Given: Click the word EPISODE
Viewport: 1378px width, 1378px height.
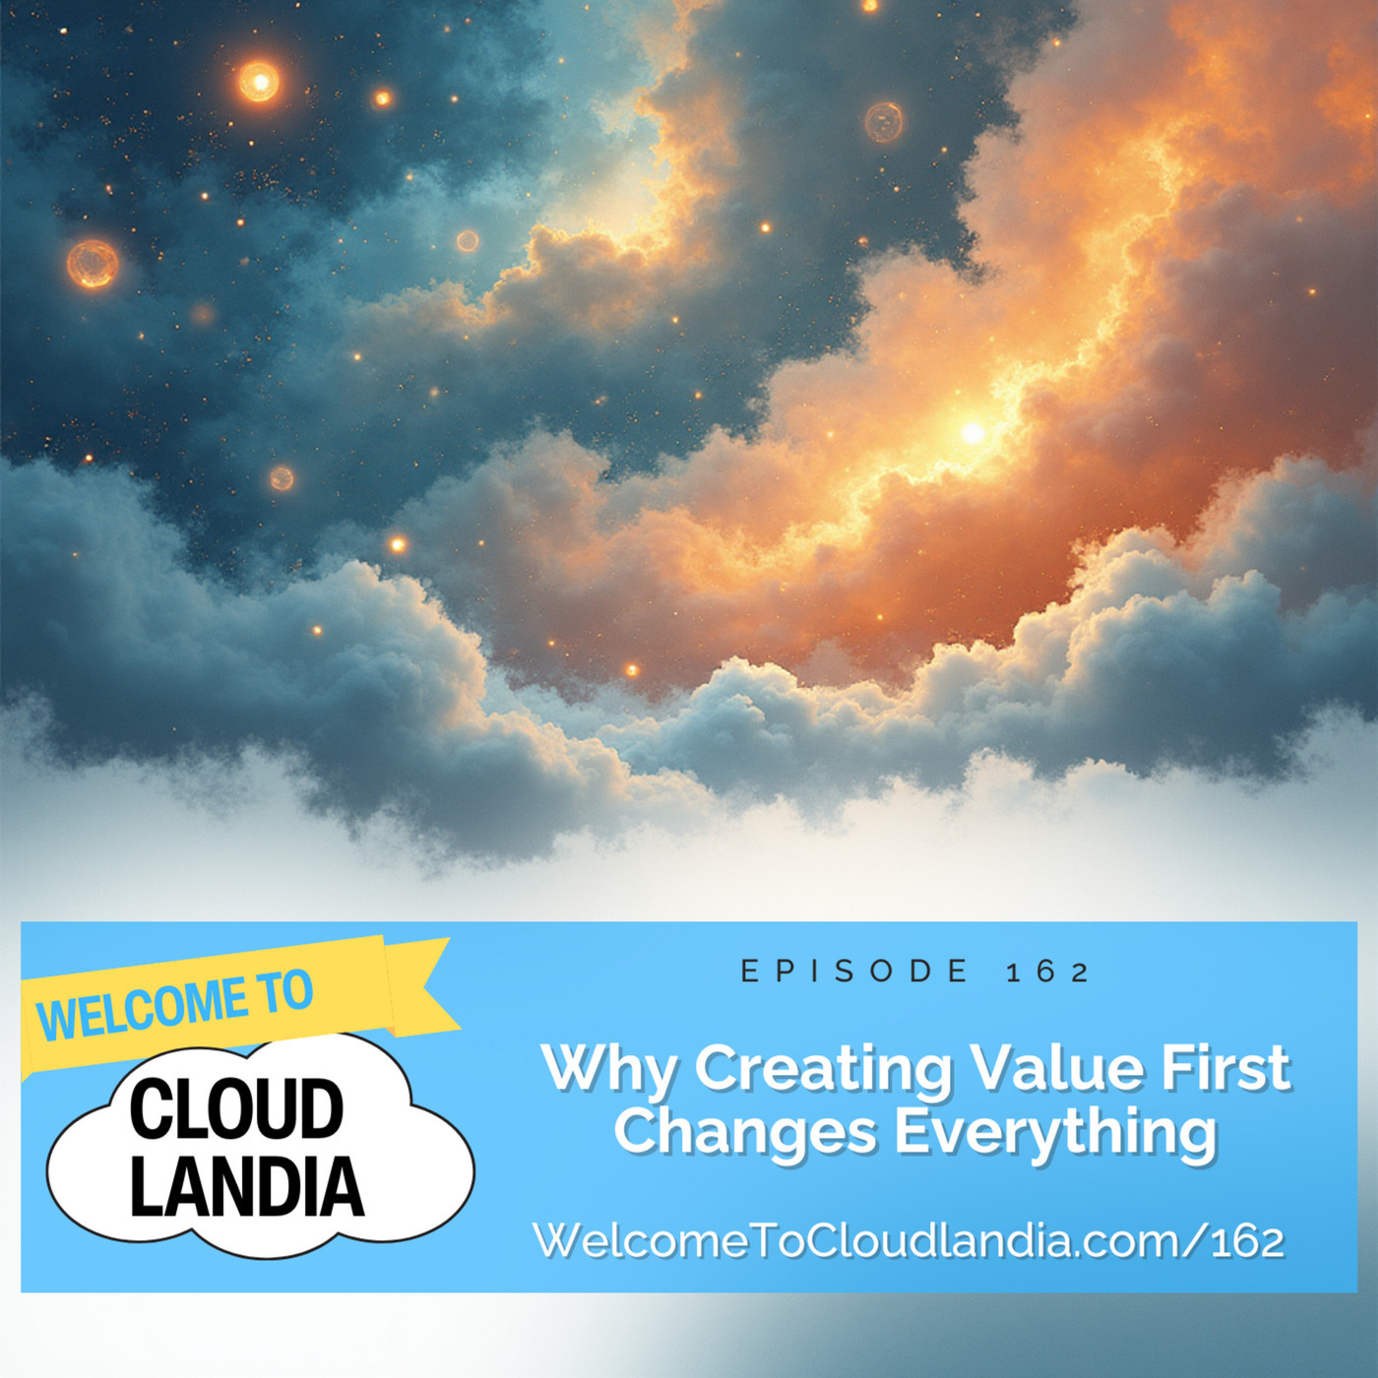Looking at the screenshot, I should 854,971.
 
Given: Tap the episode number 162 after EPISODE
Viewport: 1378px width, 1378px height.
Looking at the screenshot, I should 1047,972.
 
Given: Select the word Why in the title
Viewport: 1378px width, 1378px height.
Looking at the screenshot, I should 608,1069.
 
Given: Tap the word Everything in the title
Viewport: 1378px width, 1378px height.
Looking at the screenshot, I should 1055,1134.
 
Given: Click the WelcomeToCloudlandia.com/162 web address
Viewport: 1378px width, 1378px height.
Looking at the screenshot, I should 908,1240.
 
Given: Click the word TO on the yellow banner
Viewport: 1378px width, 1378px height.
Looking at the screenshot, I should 286,991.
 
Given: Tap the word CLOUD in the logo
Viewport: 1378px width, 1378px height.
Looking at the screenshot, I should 236,1109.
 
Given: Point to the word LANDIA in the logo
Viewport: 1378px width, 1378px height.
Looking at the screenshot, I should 246,1186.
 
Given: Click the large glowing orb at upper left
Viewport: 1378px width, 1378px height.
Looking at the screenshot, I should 259,82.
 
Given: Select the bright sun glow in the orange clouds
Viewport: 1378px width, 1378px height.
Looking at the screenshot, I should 972,431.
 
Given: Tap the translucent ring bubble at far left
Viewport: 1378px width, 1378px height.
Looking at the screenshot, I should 93,264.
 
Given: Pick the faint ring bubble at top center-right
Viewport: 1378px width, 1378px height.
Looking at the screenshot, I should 883,122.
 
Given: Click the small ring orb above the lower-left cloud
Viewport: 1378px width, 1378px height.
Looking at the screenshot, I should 282,478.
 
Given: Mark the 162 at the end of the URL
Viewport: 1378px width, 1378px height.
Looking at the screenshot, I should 1247,1241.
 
